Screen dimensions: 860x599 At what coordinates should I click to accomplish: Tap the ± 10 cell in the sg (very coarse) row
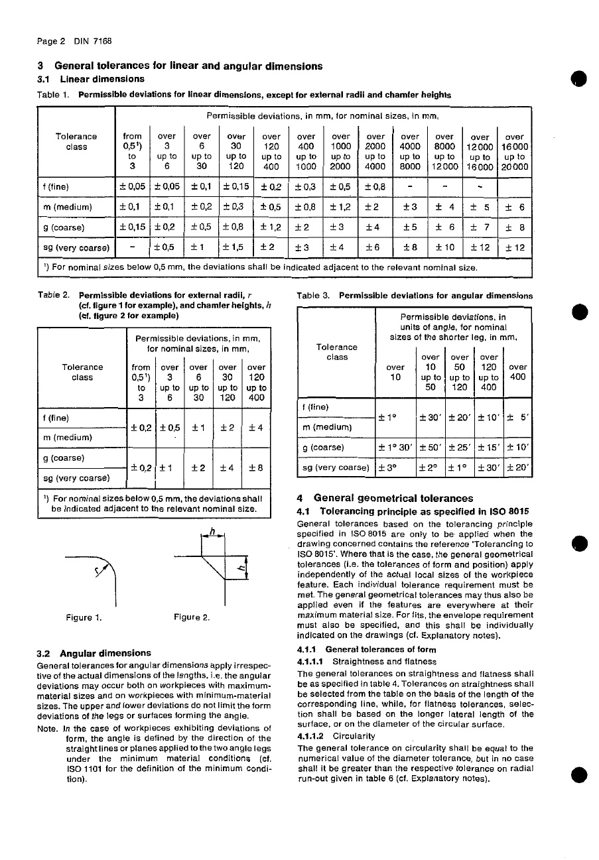444,248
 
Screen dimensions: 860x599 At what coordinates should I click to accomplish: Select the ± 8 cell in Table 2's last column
256,467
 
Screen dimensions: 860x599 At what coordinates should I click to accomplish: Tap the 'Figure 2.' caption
192,618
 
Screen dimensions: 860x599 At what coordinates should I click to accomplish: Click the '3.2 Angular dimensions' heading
94,653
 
